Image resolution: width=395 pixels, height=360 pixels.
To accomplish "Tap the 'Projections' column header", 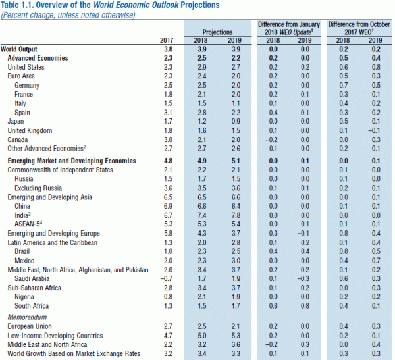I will (x=217, y=32).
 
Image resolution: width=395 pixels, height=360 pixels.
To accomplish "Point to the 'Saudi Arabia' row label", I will (x=32, y=279).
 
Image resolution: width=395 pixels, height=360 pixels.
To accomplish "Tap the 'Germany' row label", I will (x=27, y=86).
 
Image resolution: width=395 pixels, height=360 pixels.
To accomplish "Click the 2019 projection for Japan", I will (x=235, y=122).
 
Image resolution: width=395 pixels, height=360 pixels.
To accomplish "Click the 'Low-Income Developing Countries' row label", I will (x=53, y=335).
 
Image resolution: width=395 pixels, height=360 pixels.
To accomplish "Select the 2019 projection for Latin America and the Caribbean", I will (x=235, y=243).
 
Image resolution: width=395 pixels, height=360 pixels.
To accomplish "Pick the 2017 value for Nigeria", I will (x=167, y=297).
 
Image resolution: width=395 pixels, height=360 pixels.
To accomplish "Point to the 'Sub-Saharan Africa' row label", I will (x=34, y=288).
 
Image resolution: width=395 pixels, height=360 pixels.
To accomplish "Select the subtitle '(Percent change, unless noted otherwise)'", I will (x=72, y=14).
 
